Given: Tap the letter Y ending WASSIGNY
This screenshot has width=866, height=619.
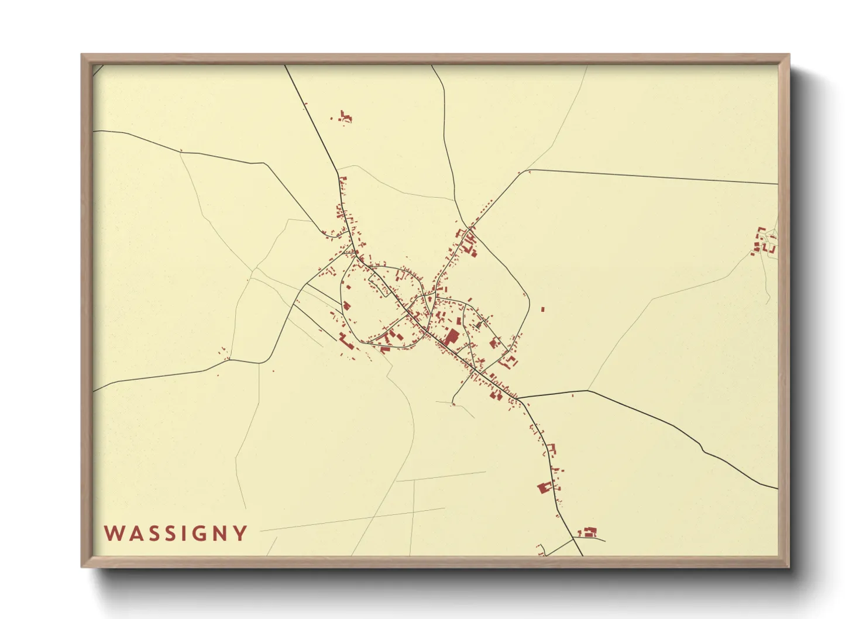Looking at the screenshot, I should (x=240, y=533).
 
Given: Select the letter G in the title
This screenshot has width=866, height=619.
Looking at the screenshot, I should (x=197, y=533).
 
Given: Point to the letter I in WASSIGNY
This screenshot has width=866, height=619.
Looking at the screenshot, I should (x=181, y=533).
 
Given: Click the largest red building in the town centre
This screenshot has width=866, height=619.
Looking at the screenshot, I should (x=452, y=338).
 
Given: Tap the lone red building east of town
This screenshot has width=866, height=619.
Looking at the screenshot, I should (x=543, y=309).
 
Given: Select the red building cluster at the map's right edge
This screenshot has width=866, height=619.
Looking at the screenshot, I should (x=764, y=242).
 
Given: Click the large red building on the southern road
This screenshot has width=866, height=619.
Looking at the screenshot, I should (x=545, y=487).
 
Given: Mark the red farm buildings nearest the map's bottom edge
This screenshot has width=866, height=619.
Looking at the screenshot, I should (x=587, y=532).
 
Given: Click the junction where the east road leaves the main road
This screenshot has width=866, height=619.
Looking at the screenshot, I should (x=517, y=398).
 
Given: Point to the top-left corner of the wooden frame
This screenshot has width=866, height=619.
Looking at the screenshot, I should (x=83, y=56).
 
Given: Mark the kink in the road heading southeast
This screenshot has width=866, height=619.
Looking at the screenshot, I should (x=703, y=449).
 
